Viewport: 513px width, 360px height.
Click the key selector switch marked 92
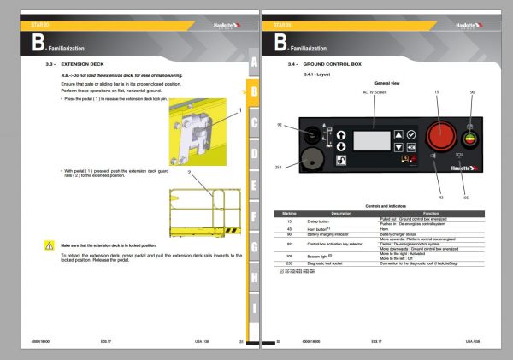312,134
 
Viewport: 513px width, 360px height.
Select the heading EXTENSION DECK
83,64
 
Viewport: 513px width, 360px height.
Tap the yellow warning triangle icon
49,245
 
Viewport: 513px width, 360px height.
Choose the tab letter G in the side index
254,246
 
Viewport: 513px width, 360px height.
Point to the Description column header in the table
341,212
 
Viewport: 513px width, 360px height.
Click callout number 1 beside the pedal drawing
240,110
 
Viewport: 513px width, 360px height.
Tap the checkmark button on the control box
411,135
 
